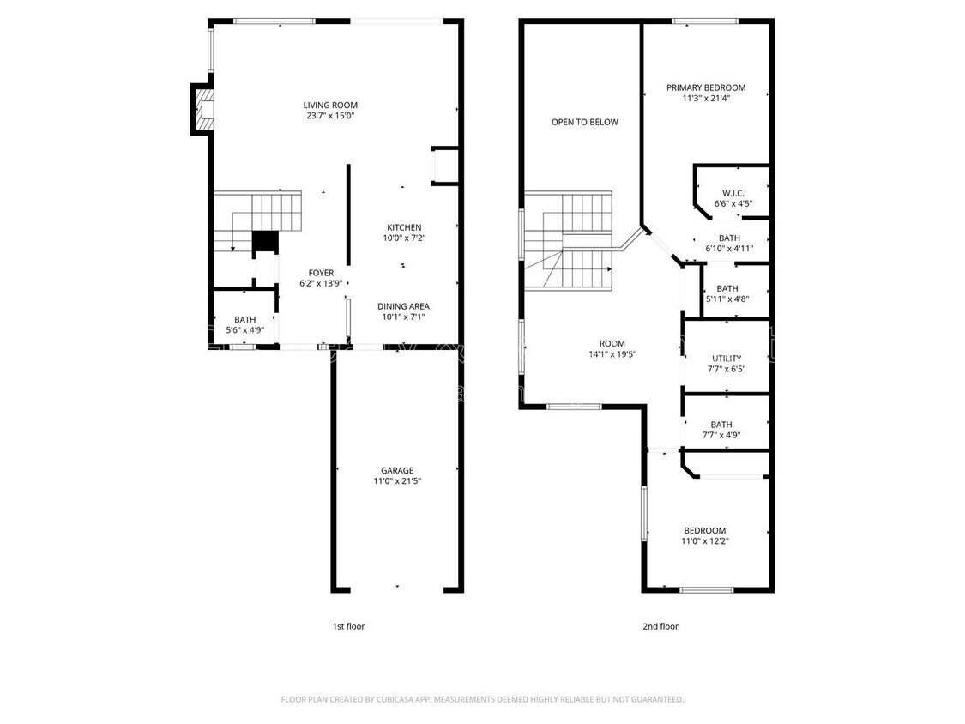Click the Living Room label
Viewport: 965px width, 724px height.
[330, 105]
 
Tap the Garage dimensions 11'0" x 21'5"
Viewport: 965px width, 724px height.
[397, 481]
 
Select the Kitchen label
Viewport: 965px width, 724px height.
[403, 227]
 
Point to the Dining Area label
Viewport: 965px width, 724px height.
[404, 306]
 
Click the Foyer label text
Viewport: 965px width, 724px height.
[321, 273]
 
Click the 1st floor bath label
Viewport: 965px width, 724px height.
[244, 319]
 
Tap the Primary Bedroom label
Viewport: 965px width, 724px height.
[706, 87]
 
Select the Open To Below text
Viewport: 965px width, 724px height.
[584, 122]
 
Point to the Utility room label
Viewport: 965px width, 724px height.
[727, 359]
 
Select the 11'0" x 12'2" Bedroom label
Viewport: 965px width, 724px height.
[704, 530]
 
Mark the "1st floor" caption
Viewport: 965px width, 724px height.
[348, 626]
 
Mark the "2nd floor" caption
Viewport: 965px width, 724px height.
[660, 626]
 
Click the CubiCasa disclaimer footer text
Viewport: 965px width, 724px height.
[482, 699]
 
